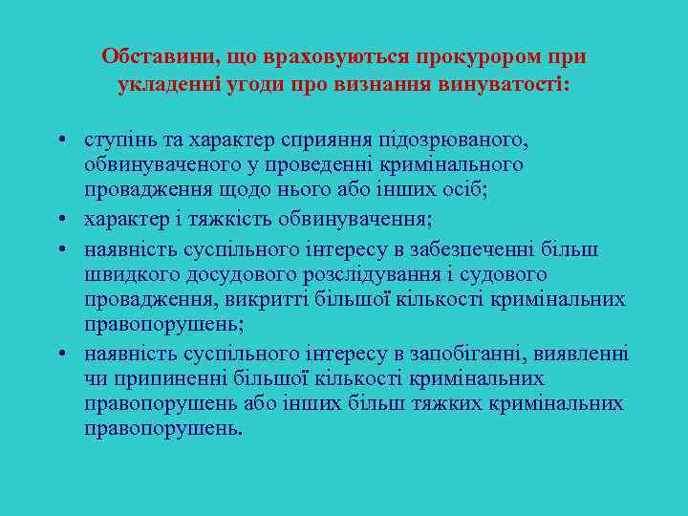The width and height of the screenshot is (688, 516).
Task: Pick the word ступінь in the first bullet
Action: pos(115,140)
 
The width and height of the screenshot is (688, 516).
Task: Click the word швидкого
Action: pos(123,274)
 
